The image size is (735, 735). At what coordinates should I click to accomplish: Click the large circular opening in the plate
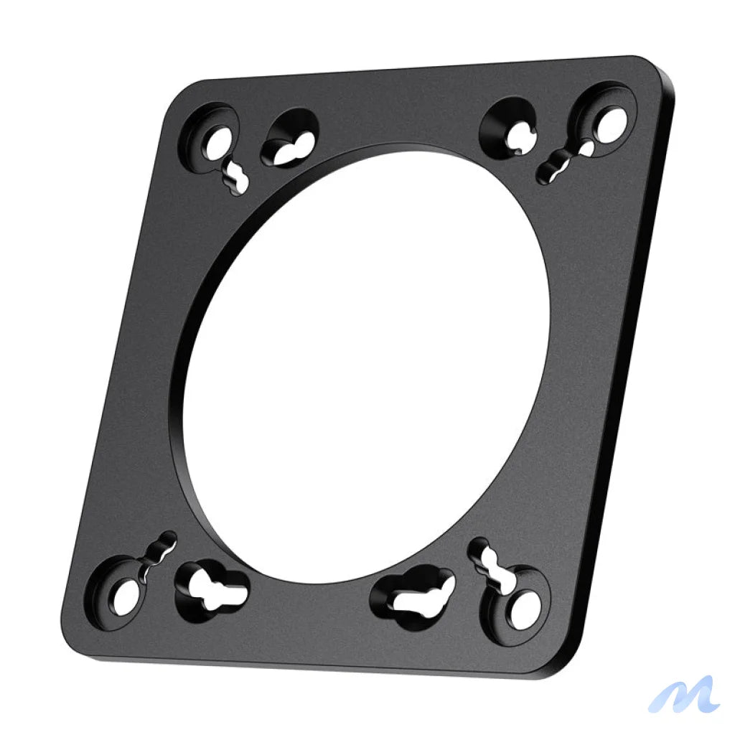[366, 366]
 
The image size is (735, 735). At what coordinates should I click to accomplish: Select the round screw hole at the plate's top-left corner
[216, 142]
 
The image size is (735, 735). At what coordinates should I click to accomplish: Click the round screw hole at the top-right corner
[609, 123]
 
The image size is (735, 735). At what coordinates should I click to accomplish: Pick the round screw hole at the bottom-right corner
[525, 608]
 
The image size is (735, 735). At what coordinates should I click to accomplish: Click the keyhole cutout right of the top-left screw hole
[291, 141]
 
